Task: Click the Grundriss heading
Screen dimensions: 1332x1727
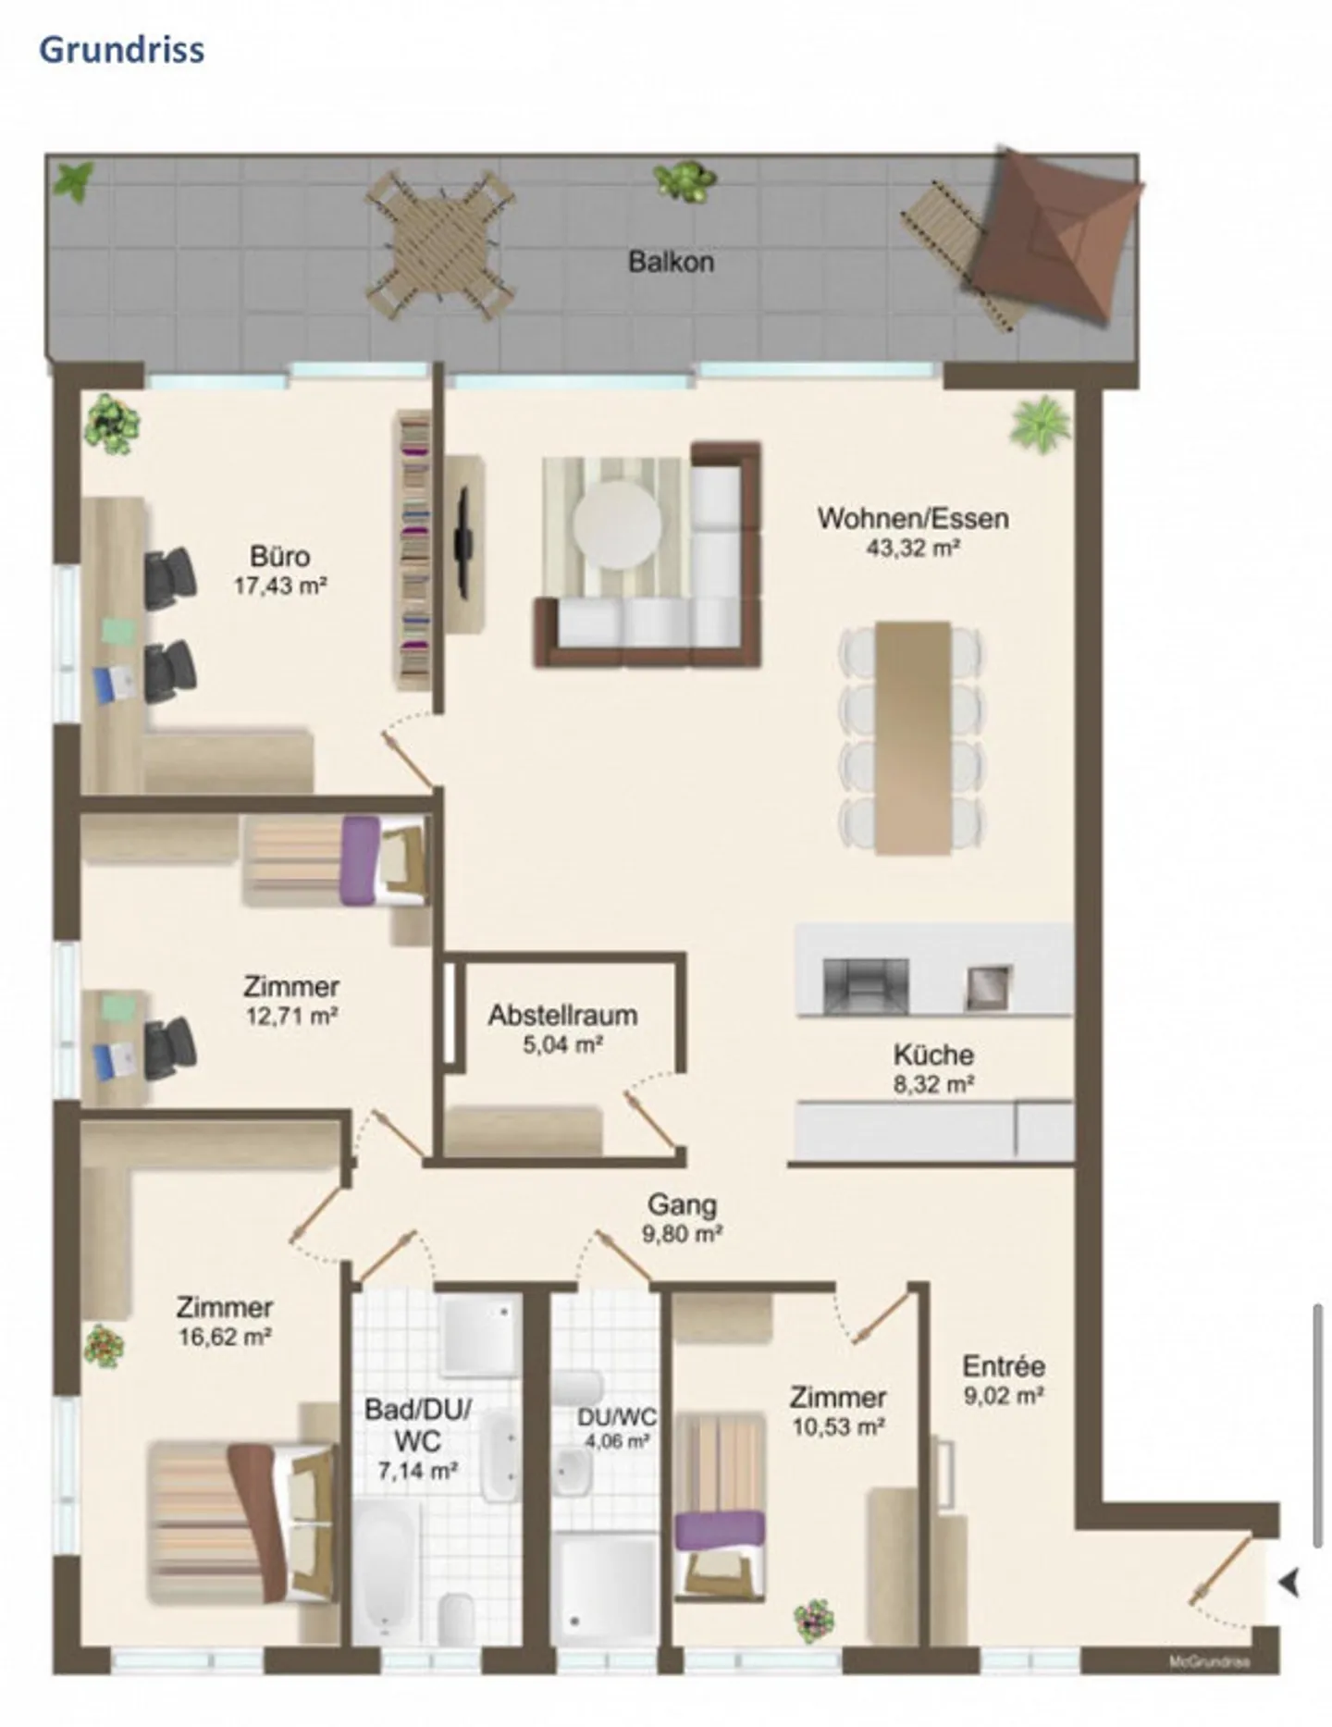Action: (121, 49)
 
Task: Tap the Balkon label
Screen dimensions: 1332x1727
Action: (671, 262)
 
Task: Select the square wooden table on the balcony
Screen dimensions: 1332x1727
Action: (441, 243)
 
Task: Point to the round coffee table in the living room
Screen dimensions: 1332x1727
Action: (617, 524)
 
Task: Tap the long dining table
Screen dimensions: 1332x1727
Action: (913, 737)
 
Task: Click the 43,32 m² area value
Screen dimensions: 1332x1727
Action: (911, 548)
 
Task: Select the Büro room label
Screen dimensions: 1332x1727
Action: (279, 556)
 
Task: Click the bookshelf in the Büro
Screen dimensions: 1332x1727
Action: (413, 550)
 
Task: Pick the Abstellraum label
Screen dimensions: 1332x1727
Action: (562, 1015)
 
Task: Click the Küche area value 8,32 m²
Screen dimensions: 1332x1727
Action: (933, 1084)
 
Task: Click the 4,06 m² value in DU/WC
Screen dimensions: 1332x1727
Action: (616, 1440)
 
